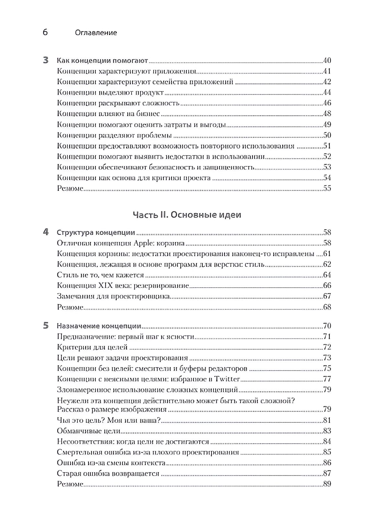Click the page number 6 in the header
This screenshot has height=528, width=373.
45,32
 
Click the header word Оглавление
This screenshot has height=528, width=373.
96,33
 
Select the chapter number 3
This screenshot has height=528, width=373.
46,60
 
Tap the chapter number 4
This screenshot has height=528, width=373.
46,232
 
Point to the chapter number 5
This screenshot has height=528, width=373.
46,326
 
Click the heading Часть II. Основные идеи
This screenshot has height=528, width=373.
187,215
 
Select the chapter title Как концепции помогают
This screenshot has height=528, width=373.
102,61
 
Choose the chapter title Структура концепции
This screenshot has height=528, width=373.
96,233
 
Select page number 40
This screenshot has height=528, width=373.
327,61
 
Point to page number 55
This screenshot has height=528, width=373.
327,189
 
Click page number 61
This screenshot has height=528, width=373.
327,254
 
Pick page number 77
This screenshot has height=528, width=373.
327,379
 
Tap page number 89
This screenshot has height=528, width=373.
327,484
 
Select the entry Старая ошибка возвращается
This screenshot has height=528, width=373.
108,474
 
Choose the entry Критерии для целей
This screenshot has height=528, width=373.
92,348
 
